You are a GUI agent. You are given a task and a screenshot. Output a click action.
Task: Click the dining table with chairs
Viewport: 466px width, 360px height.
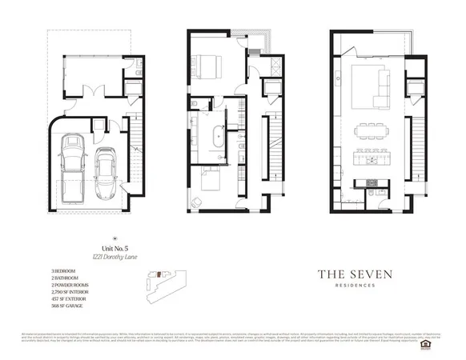371,129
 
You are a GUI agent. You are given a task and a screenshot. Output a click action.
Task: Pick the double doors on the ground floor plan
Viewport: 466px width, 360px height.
94,90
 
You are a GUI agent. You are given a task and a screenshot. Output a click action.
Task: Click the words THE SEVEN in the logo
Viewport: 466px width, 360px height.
355,274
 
